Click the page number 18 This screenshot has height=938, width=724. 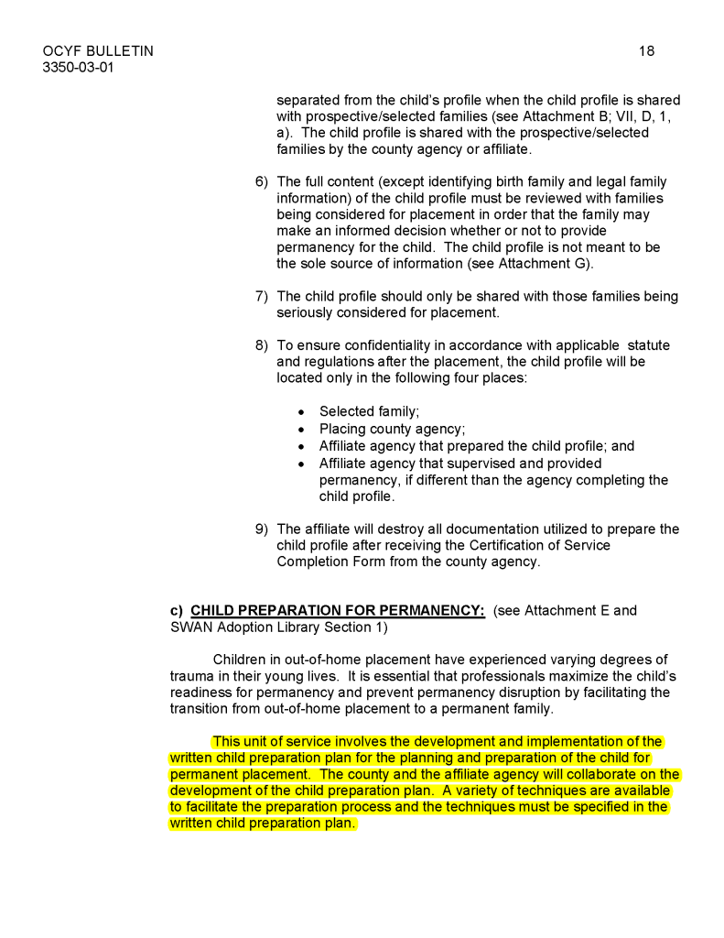(x=646, y=51)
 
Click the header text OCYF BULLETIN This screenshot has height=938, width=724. (x=98, y=51)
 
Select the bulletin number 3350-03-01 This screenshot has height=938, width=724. (x=79, y=68)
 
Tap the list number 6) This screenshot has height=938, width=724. (x=262, y=182)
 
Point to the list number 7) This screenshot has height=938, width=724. (x=262, y=296)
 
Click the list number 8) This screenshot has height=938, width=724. (x=262, y=345)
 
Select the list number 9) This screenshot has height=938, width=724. (x=262, y=529)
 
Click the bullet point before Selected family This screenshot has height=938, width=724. (x=301, y=412)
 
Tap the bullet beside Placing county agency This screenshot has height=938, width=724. (x=301, y=430)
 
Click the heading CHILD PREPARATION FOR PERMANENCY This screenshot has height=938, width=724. (x=337, y=611)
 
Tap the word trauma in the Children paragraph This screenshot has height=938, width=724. (x=191, y=676)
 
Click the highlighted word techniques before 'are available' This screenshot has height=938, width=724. (x=522, y=791)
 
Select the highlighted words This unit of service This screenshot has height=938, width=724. (x=269, y=741)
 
